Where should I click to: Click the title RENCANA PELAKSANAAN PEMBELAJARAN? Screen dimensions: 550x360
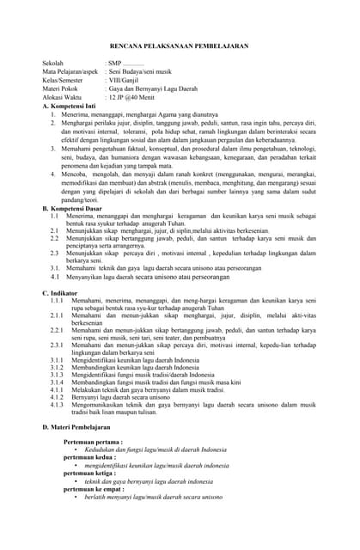coord(180,46)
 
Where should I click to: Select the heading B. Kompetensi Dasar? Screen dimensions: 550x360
coord(76,209)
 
